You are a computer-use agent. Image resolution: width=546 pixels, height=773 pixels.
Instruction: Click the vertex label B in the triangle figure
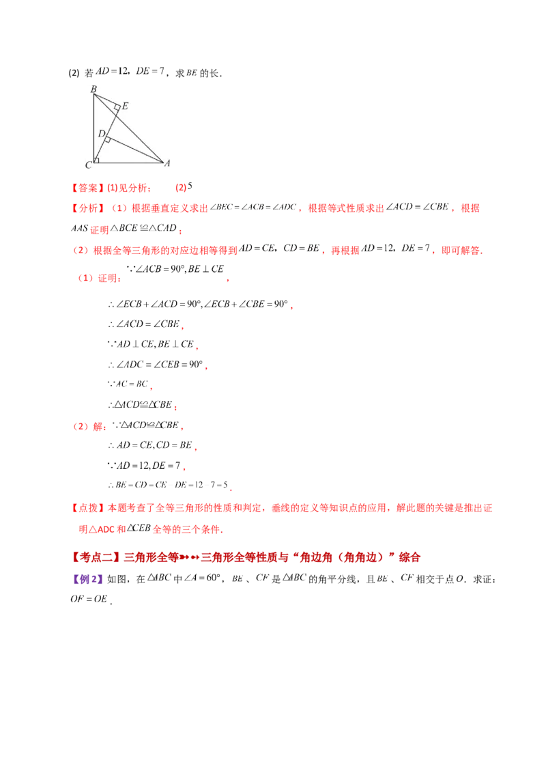coord(94,88)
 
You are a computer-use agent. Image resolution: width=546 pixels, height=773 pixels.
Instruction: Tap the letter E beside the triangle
coord(126,106)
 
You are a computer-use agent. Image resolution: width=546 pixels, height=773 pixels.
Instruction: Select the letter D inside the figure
coord(101,134)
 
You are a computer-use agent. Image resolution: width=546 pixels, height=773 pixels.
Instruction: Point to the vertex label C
coord(88,165)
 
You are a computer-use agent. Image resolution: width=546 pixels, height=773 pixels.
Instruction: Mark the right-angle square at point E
coord(117,107)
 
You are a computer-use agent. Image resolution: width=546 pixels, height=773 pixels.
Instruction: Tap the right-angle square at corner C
coord(96,160)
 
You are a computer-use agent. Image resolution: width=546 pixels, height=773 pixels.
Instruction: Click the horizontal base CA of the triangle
coord(130,163)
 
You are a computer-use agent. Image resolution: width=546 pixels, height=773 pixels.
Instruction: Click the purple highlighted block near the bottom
coord(87,579)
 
